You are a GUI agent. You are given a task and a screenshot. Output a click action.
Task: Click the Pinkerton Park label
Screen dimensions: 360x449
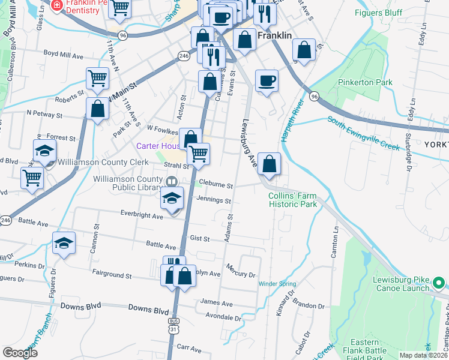[x=373, y=82]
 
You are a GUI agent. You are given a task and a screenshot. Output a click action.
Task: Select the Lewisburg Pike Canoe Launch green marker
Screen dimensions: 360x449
[x=439, y=281]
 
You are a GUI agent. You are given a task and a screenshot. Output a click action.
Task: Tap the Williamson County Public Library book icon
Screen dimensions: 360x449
[x=171, y=181]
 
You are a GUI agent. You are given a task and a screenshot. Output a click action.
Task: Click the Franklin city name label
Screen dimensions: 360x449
[x=274, y=35]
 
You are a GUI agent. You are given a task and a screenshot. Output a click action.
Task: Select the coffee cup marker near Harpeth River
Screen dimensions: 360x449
[x=267, y=80]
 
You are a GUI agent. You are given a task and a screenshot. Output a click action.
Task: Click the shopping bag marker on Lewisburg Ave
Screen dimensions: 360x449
[x=270, y=163]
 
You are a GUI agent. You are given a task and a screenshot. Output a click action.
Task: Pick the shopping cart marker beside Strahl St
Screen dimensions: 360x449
[x=198, y=154]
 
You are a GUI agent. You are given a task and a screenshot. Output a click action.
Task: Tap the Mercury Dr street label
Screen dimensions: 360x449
[x=241, y=270]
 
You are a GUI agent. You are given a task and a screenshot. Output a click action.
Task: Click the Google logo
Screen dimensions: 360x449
[x=20, y=353]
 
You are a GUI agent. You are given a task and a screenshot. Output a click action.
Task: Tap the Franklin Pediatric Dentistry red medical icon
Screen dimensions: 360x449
[x=57, y=5]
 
